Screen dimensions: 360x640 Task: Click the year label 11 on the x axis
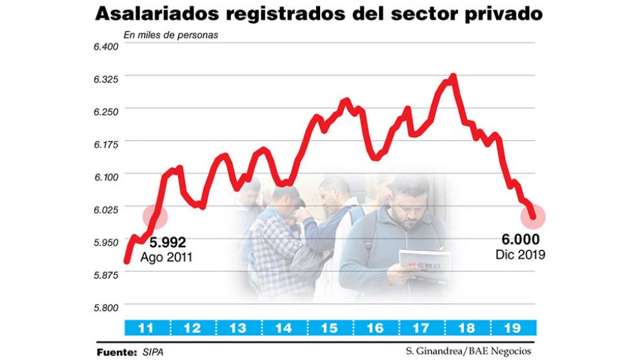146,328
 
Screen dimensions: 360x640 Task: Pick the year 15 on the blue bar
329,328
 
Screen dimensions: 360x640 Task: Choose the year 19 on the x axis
512,328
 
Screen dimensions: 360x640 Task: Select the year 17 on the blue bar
421,328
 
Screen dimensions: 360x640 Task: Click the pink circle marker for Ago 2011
155,216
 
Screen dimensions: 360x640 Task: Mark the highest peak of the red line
454,77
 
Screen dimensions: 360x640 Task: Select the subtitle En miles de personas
170,35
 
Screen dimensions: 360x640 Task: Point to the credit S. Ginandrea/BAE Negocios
469,352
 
